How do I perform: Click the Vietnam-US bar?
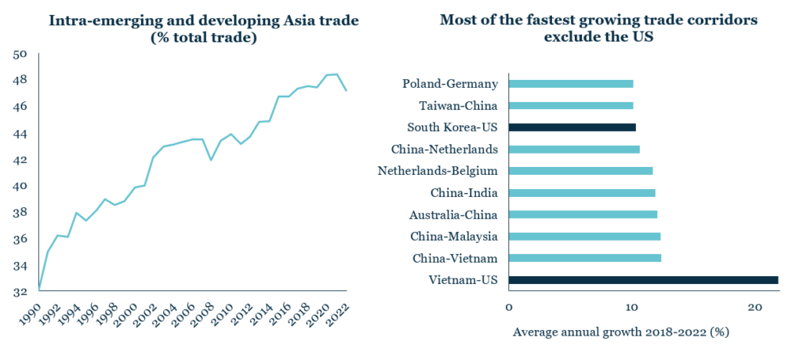point(643,280)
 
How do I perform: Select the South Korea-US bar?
point(572,127)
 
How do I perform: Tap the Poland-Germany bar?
point(570,83)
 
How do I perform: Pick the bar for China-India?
point(581,193)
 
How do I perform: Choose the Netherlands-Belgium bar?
point(580,171)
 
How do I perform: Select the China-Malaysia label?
point(456,236)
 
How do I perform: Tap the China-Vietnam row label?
point(456,258)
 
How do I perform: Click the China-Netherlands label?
point(446,149)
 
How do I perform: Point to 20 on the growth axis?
point(754,307)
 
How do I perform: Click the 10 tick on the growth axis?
point(632,307)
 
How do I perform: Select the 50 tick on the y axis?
point(20,54)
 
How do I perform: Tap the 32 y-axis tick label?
point(20,291)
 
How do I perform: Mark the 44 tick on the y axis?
point(20,133)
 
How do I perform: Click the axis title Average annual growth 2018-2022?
point(620,332)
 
